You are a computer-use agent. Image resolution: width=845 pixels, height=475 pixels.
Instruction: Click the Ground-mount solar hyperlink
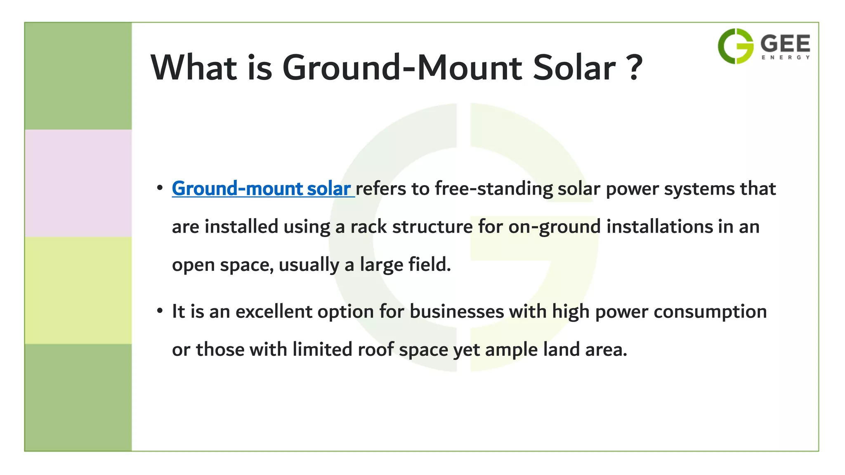262,189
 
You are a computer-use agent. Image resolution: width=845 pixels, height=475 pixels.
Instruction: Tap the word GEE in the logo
785,44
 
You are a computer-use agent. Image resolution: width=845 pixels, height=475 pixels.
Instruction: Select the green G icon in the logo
736,46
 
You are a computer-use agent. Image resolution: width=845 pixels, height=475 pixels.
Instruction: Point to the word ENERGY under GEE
786,58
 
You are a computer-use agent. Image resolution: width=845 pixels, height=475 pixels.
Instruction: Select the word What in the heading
194,68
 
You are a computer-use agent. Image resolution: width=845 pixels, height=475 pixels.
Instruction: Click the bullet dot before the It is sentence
160,311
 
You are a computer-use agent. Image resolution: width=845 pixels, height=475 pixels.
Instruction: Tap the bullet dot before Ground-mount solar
160,188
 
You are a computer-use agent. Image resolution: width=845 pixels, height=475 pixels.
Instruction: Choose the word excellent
274,311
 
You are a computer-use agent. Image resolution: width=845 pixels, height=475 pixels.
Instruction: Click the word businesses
457,311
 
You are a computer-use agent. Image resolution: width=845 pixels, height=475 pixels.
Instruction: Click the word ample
511,350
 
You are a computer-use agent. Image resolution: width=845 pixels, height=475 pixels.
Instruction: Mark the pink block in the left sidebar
78,183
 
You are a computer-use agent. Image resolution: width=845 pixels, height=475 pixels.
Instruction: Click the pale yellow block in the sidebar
78,290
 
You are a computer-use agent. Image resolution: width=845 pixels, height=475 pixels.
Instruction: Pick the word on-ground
554,227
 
